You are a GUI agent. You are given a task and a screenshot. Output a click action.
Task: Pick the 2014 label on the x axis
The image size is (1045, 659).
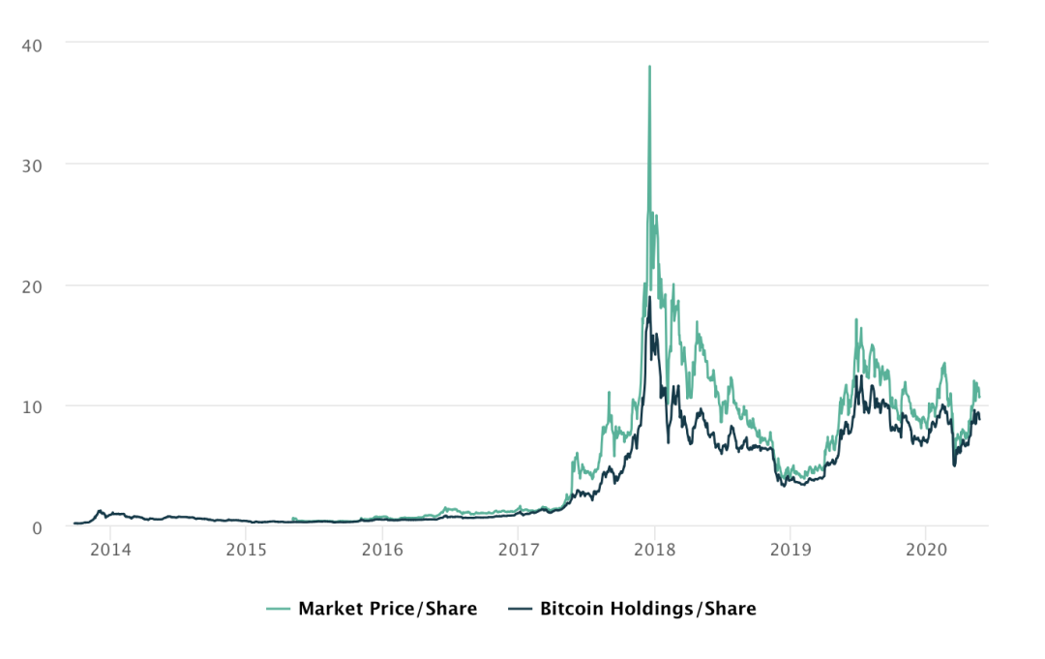[110, 548]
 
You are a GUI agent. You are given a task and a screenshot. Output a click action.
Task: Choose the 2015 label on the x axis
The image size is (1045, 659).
[246, 548]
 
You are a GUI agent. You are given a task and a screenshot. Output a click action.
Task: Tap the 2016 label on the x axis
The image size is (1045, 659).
[382, 548]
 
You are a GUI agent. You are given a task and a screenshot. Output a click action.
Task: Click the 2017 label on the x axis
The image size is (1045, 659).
[518, 548]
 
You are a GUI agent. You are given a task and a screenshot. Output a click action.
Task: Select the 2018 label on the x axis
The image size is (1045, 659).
[654, 548]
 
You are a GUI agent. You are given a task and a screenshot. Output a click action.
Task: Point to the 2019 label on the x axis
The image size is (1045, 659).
[790, 548]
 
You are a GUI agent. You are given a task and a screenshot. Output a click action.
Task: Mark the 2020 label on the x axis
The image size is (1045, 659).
[925, 548]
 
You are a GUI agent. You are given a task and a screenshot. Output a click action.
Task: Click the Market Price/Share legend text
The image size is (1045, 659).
[387, 609]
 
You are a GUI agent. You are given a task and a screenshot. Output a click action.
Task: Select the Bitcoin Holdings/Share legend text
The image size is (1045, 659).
[647, 609]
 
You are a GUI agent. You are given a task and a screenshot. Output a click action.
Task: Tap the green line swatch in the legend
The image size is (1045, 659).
[279, 609]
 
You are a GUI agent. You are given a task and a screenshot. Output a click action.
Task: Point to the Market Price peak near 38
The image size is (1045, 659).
[649, 67]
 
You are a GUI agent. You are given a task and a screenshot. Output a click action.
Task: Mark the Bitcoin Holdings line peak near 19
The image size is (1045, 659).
[649, 297]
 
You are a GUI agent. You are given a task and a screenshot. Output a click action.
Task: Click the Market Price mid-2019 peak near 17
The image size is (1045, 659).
[855, 320]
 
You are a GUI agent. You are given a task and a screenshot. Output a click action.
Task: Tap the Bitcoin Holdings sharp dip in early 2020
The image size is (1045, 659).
[955, 465]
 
